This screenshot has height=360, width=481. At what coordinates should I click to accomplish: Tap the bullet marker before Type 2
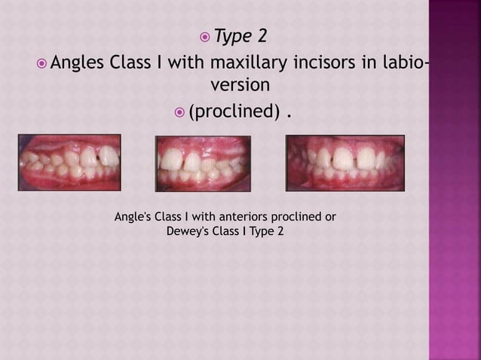pos(204,35)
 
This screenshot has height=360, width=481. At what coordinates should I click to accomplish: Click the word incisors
pos(326,62)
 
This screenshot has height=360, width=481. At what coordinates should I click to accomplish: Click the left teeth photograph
pos(69,162)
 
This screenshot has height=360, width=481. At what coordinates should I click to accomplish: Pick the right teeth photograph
pos(345,162)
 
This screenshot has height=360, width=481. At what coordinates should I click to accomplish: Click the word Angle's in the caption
pos(131,218)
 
